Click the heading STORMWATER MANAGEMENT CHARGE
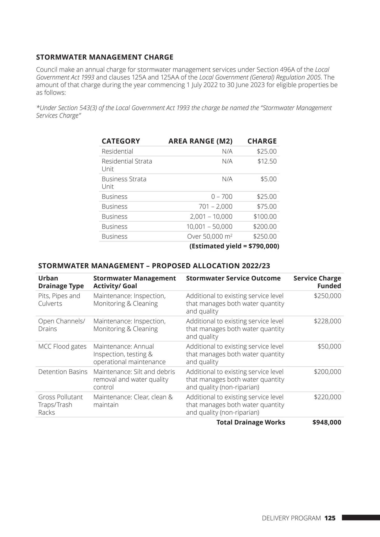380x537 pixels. click(105, 57)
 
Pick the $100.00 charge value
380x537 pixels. click(265, 217)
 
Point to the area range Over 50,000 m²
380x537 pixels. click(210, 237)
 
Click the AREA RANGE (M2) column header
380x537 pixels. click(200, 141)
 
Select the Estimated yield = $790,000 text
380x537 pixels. click(234, 246)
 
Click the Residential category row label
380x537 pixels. click(117, 152)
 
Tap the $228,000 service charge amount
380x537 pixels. click(327, 321)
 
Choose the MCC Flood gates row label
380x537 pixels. click(62, 347)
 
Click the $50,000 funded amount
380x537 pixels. click(329, 347)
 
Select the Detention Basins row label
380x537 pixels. click(63, 372)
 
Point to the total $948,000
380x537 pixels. click(327, 422)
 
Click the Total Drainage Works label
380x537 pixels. click(250, 422)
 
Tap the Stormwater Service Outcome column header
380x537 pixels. click(233, 278)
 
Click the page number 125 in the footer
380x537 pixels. click(330, 518)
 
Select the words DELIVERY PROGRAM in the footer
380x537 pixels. click(291, 518)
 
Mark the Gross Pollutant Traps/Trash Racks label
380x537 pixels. click(60, 405)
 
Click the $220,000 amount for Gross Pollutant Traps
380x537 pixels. click(327, 397)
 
